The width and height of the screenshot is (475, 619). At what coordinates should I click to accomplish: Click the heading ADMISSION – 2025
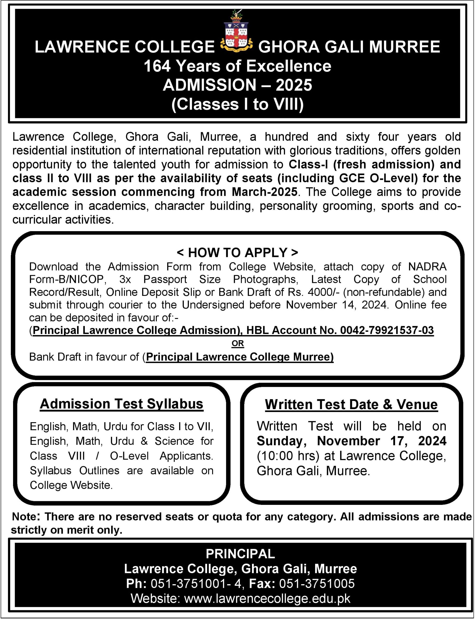tap(237, 85)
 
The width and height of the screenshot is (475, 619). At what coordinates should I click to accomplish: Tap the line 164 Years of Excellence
tap(237, 66)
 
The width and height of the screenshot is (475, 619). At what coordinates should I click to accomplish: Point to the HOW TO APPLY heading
tap(237, 252)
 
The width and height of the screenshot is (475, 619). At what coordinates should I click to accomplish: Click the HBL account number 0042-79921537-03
tap(387, 330)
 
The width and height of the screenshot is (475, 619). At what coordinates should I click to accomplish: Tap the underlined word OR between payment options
tap(237, 343)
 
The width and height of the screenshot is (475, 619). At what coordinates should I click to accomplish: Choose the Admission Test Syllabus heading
tap(122, 404)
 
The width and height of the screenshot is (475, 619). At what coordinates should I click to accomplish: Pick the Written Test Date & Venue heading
tap(351, 405)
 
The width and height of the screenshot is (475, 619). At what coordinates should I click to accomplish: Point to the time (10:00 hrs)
tap(288, 456)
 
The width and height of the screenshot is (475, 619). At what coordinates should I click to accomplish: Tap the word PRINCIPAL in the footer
tap(240, 554)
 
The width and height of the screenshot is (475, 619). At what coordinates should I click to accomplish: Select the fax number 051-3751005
tap(317, 584)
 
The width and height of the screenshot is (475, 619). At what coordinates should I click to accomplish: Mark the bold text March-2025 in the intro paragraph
tap(264, 192)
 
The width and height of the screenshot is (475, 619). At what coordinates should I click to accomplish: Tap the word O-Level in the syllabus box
tap(129, 456)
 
